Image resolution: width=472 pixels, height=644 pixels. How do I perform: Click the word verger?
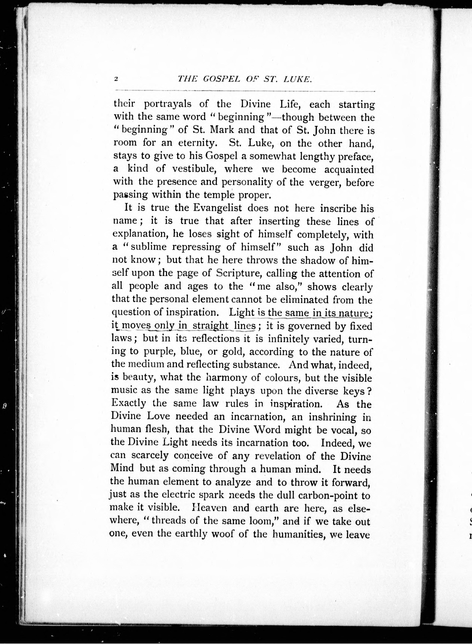coord(324,182)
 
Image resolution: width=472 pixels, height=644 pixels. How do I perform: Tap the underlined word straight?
coord(210,326)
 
